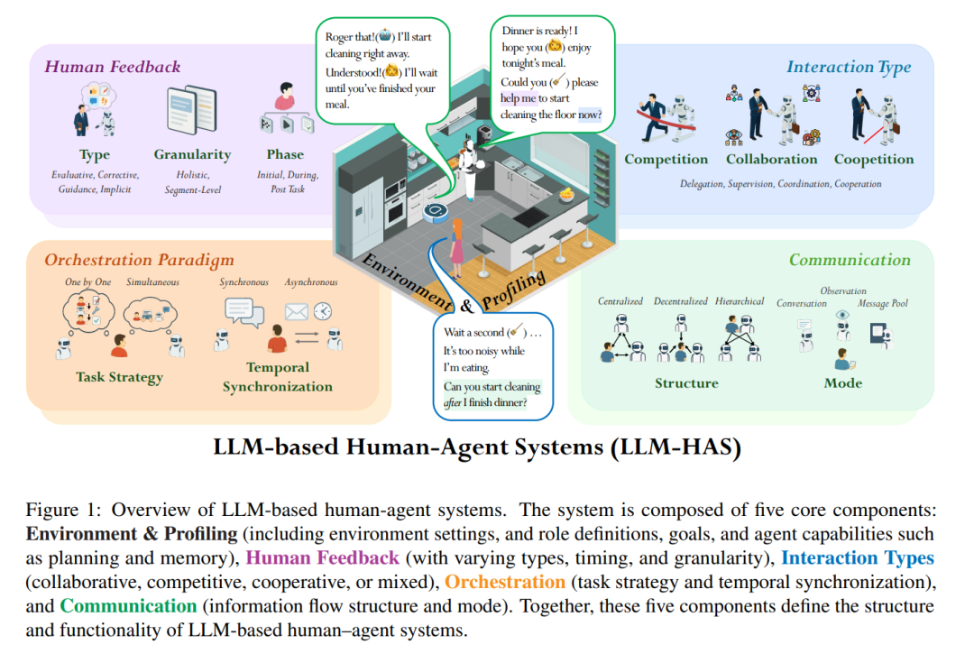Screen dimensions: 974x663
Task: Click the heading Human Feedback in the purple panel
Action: pyautogui.click(x=113, y=67)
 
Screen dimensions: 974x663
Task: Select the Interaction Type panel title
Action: pyautogui.click(x=849, y=67)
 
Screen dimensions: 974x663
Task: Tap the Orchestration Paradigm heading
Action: pyautogui.click(x=139, y=260)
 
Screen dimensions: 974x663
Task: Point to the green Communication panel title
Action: pyautogui.click(x=850, y=260)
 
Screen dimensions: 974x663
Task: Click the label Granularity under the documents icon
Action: pyautogui.click(x=193, y=155)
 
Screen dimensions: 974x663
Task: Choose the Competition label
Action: pyautogui.click(x=666, y=160)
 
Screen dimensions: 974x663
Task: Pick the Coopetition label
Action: pyautogui.click(x=874, y=160)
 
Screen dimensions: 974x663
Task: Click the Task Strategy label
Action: pyautogui.click(x=120, y=377)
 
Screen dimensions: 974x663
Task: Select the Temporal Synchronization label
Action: pyautogui.click(x=278, y=376)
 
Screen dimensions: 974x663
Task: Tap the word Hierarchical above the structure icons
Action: pyautogui.click(x=740, y=301)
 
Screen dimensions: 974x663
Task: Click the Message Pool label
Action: pyautogui.click(x=883, y=303)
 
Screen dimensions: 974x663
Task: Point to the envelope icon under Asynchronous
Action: pyautogui.click(x=297, y=311)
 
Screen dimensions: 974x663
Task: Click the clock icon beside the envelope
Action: pyautogui.click(x=322, y=310)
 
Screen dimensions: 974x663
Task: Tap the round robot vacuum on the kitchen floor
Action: pyautogui.click(x=436, y=212)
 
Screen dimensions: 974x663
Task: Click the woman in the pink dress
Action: pyautogui.click(x=457, y=249)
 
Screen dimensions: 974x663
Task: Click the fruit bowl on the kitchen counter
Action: pyautogui.click(x=565, y=196)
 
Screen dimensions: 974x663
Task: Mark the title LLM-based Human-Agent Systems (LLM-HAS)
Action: pyautogui.click(x=477, y=447)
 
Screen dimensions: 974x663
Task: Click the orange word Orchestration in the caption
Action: pyautogui.click(x=505, y=582)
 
